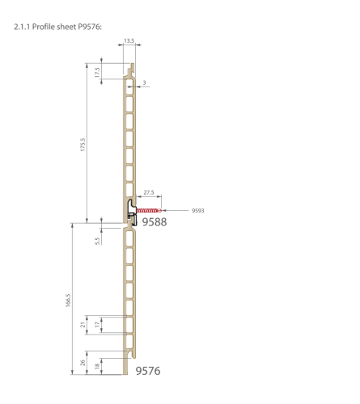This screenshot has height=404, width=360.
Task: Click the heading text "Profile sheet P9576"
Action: tap(66, 27)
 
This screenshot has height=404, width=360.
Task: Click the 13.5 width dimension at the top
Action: tap(129, 40)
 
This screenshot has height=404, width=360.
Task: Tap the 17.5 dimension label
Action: tap(97, 72)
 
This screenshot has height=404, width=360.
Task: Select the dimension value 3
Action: tap(144, 82)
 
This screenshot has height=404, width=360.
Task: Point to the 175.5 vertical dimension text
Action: tap(83, 145)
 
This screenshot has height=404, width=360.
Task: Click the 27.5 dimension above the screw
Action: tap(149, 192)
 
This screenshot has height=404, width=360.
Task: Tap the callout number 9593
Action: tap(198, 211)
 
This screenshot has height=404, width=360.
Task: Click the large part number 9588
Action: tap(155, 222)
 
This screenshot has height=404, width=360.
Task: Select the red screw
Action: tap(149, 210)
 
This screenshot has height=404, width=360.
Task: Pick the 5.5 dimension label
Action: tap(98, 241)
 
